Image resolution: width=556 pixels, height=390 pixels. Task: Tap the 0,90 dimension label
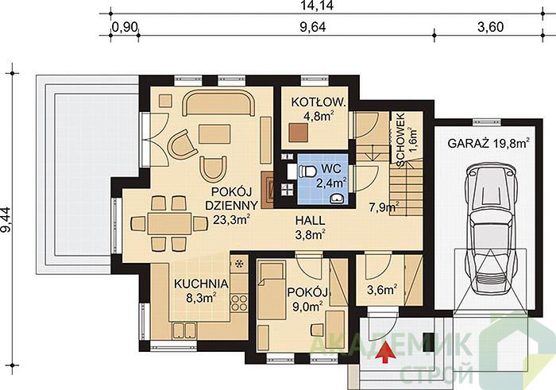click(x=125, y=27)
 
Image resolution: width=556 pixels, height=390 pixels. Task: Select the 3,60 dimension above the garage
click(x=490, y=27)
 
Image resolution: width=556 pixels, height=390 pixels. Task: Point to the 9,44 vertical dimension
click(x=6, y=220)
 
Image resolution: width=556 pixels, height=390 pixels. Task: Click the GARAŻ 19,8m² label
click(x=488, y=143)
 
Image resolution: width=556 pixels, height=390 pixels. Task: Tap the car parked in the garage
click(x=490, y=227)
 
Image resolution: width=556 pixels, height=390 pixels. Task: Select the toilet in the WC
click(x=307, y=172)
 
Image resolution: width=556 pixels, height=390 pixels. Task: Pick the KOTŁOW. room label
click(x=318, y=102)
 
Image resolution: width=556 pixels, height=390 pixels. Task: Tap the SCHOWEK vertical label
click(x=400, y=140)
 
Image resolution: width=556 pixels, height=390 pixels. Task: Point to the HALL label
click(x=311, y=221)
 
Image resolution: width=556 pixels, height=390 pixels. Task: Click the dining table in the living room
click(x=169, y=223)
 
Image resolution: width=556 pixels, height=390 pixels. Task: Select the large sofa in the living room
click(x=218, y=103)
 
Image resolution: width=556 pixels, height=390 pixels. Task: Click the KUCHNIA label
click(x=201, y=284)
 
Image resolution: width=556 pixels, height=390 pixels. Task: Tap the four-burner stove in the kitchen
click(x=239, y=303)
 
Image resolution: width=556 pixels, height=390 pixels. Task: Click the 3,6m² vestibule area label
click(x=381, y=290)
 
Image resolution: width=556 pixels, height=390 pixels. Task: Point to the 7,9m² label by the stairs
click(x=384, y=207)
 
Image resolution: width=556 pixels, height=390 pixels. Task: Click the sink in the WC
click(x=336, y=199)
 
